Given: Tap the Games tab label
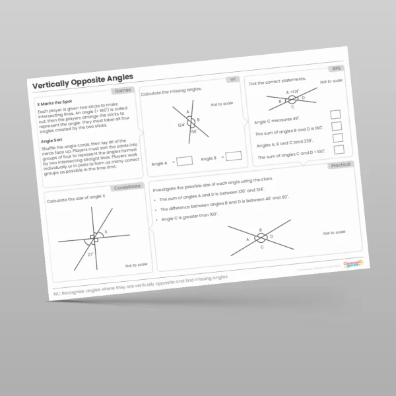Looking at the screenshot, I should coord(123,90).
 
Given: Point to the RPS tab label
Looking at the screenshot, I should coord(336,69).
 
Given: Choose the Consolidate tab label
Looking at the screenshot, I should coord(127,187).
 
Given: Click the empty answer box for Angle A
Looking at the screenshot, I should coord(185,160).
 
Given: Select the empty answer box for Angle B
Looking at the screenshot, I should coord(234,156).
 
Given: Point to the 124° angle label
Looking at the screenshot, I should coord(181,124).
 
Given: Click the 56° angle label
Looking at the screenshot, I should coord(194,131).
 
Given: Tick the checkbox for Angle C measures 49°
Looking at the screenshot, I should coord(335,114).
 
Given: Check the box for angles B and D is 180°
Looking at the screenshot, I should coord(337,126).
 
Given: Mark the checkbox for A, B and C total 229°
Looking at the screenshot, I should coord(338,138).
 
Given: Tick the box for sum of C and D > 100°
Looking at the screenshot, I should coord(339,150).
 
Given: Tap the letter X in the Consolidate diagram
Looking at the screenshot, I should coord(106,232).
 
